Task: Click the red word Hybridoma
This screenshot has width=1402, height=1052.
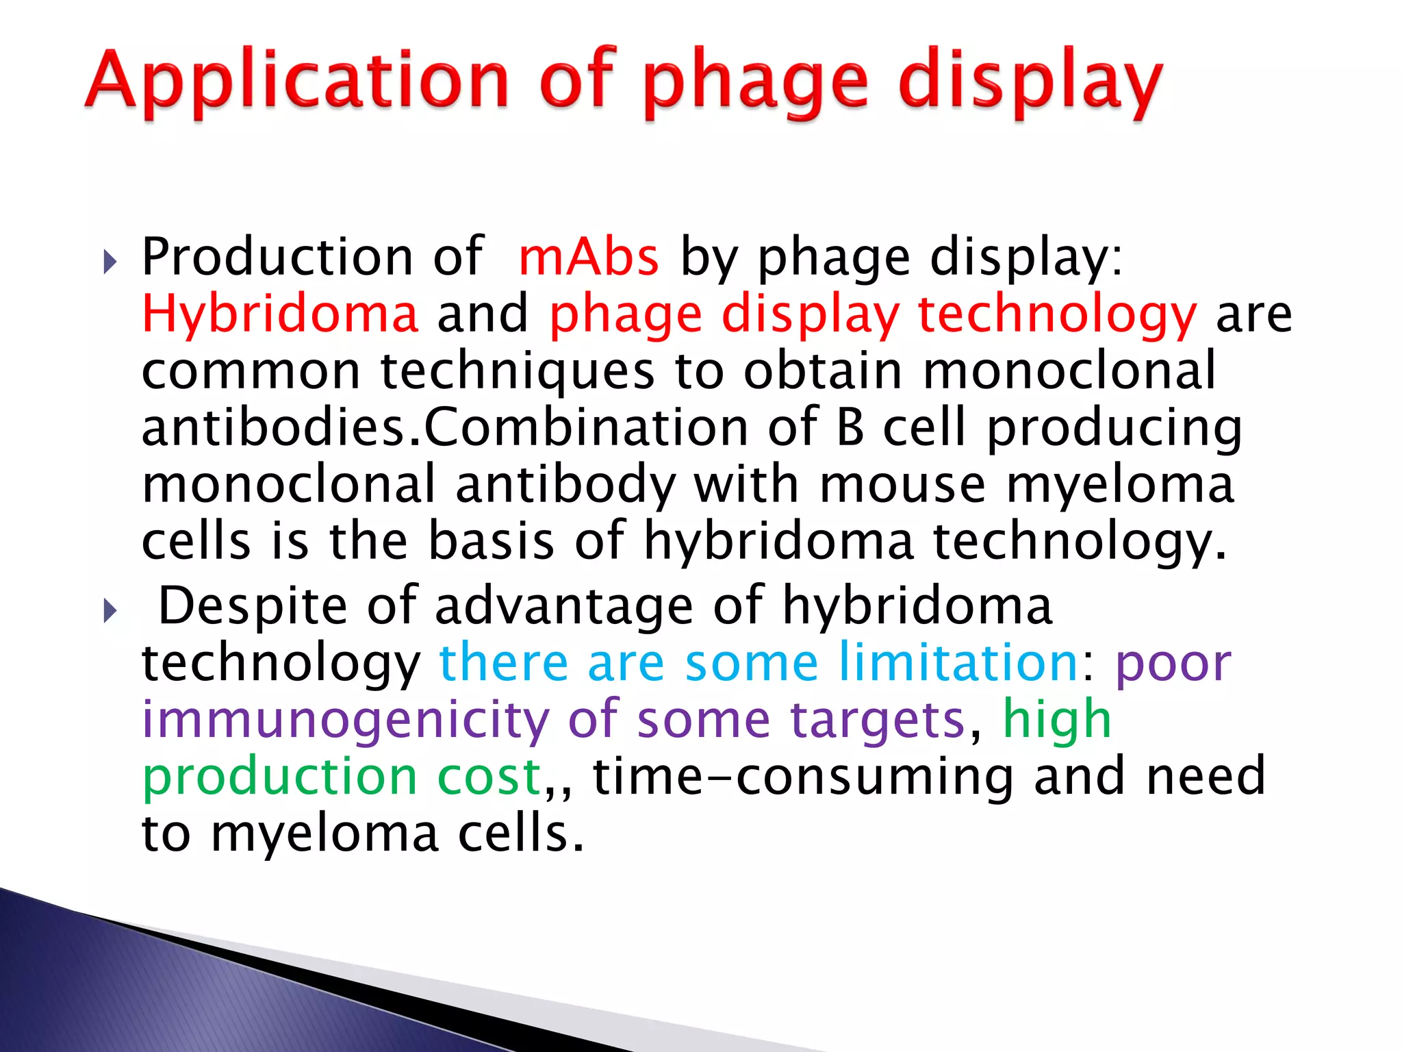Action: (279, 314)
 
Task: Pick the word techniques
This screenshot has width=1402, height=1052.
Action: (518, 371)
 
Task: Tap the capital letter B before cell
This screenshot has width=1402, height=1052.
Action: (850, 427)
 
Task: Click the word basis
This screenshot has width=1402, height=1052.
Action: (491, 541)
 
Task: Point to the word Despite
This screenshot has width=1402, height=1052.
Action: (253, 606)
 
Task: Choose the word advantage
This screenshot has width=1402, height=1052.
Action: (563, 606)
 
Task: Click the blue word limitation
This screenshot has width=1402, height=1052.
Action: (959, 662)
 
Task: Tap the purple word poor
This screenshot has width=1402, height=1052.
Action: (1173, 662)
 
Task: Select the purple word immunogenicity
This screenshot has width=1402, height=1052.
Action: (346, 720)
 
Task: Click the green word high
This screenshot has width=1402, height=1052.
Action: (1057, 720)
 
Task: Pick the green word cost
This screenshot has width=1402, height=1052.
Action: (489, 777)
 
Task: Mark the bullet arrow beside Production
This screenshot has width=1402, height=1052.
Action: (110, 261)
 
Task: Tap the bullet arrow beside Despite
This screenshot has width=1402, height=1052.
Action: (110, 610)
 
